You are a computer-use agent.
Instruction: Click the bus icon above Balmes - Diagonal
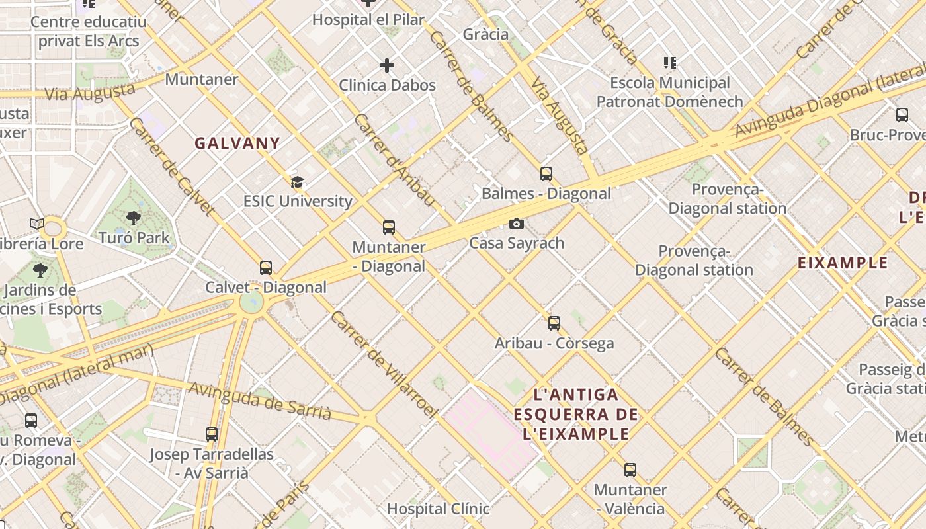coord(546,173)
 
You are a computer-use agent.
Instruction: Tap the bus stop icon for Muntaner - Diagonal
coord(389,227)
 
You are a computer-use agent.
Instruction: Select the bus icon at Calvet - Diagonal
coord(266,268)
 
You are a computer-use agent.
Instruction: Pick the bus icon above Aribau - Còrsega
coord(554,323)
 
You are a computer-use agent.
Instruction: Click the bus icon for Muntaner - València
coord(630,470)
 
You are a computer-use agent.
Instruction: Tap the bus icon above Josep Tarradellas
coord(212,434)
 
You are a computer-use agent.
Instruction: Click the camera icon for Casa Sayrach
coord(517,224)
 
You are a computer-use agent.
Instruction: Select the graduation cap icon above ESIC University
coord(298,182)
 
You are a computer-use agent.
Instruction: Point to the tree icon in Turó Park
coord(134,218)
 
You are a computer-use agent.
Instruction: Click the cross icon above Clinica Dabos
coord(387,65)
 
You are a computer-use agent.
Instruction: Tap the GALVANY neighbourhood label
coord(237,143)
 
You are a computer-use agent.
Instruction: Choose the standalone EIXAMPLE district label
coord(843,263)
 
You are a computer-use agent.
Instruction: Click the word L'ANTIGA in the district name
coord(576,395)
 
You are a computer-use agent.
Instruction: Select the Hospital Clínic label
coord(438,509)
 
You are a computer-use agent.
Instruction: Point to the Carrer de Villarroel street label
coord(384,364)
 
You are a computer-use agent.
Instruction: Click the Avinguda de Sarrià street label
coord(259,400)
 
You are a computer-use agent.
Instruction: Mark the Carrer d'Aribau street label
coord(394,159)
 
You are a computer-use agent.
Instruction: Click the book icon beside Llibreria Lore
coord(37,224)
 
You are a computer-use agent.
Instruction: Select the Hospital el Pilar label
coord(368,20)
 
